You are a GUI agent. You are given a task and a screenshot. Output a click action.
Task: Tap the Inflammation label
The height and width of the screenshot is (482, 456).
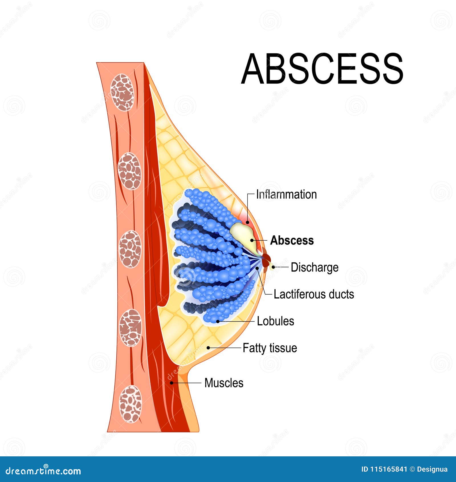[286, 195]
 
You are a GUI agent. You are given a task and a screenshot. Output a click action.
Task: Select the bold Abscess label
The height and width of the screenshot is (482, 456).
[292, 240]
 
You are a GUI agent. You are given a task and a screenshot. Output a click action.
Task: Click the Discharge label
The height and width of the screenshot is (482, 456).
[314, 268]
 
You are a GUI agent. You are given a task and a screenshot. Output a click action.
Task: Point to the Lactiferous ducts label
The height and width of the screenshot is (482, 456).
[313, 294]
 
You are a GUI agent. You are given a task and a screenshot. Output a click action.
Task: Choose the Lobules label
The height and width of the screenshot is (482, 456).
[275, 321]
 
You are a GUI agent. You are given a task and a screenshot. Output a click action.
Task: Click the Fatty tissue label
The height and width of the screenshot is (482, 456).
[270, 348]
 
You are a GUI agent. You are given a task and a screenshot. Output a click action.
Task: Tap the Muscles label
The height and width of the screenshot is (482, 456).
[224, 383]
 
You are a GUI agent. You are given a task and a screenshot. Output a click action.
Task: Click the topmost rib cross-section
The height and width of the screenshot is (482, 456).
[122, 92]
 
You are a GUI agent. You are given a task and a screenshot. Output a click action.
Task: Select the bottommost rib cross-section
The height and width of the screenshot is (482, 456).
[130, 404]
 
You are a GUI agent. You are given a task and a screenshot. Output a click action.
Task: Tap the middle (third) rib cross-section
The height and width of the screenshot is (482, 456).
[130, 249]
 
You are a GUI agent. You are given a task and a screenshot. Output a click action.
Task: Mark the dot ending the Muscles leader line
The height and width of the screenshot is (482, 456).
[172, 383]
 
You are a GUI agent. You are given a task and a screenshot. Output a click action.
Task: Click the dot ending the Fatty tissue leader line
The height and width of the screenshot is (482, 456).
[208, 348]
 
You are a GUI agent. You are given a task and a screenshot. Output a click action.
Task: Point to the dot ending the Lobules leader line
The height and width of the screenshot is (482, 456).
[218, 321]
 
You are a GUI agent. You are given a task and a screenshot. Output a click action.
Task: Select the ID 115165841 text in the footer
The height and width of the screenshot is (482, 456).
[384, 469]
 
